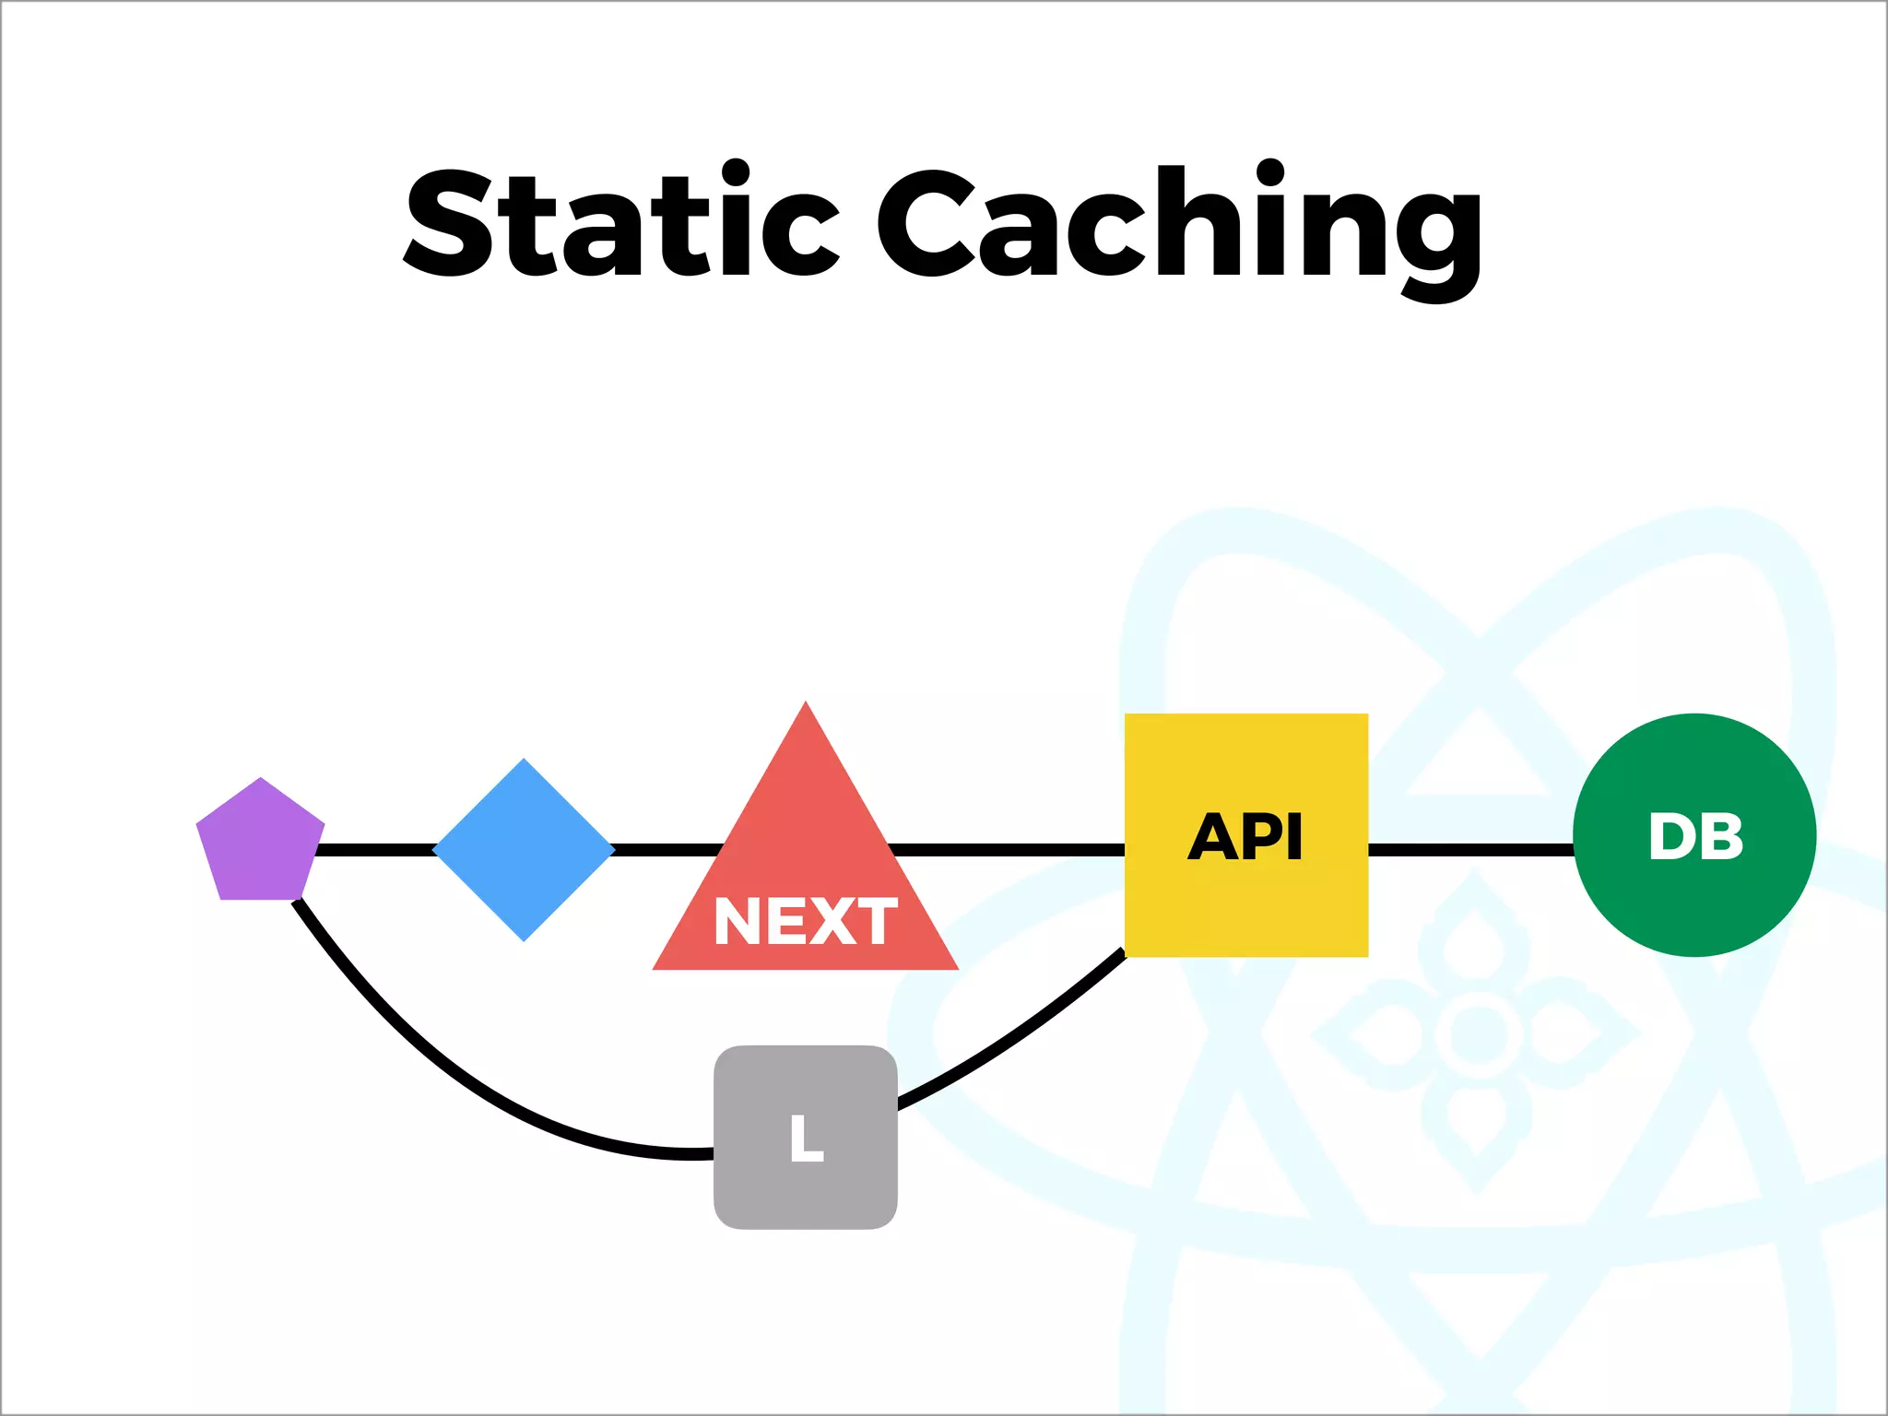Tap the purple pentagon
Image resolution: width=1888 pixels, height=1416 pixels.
point(260,844)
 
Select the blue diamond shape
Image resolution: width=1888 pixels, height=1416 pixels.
point(524,849)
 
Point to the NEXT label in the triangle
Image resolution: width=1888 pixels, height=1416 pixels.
point(805,921)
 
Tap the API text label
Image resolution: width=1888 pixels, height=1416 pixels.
point(1245,837)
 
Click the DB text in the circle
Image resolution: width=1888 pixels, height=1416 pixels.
point(1695,837)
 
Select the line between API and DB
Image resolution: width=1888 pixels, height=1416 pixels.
point(1470,849)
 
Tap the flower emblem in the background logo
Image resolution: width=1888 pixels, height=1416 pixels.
point(1477,1033)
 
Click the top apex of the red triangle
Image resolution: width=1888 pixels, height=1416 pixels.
point(805,708)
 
